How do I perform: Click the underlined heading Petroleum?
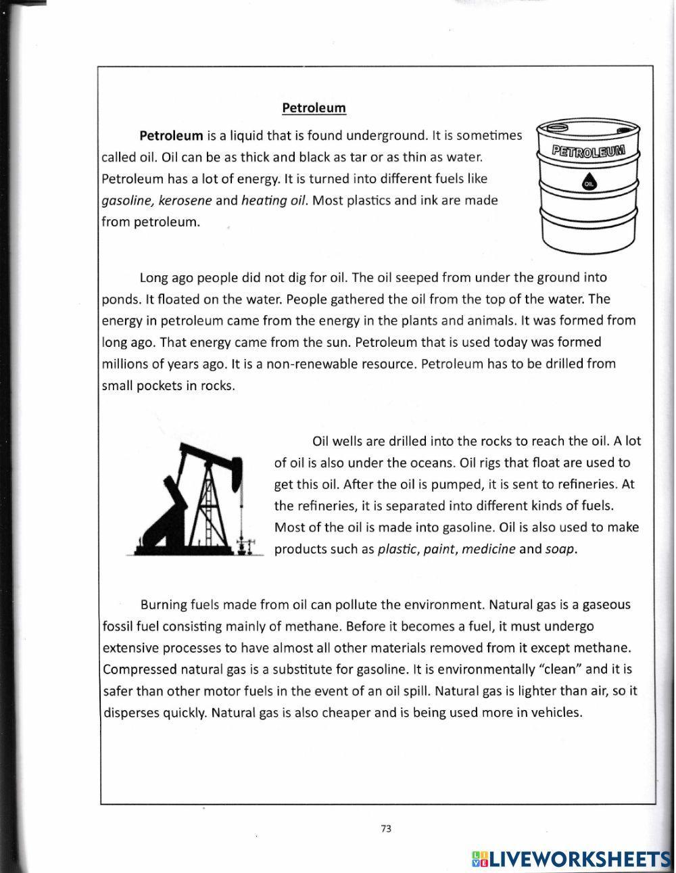[x=314, y=108]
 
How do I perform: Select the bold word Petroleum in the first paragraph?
[x=171, y=135]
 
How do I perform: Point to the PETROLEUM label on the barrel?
[x=589, y=151]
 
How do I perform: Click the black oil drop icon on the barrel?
[x=589, y=183]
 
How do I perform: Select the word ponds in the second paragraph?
[x=118, y=299]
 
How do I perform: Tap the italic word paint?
[x=439, y=549]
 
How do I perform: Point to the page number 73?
[x=386, y=829]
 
